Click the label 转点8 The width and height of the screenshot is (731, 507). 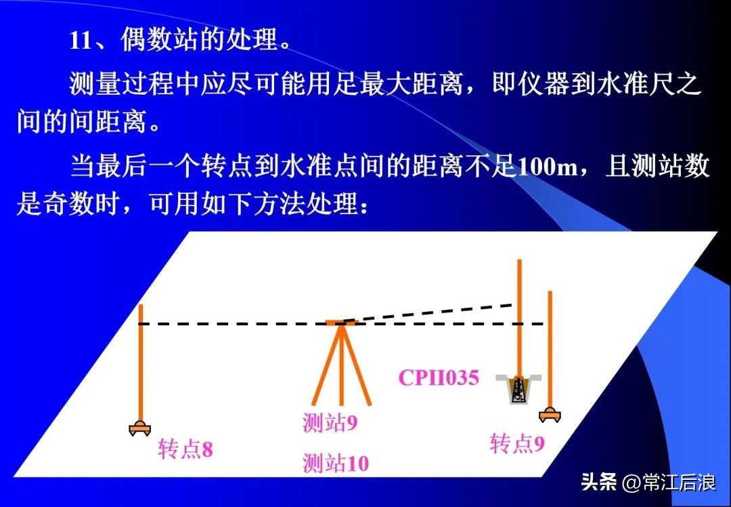[185, 449]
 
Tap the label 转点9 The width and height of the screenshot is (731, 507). [517, 444]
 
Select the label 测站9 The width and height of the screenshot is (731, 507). [330, 423]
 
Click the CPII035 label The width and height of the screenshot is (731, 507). [438, 378]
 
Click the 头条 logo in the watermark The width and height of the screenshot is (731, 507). [599, 483]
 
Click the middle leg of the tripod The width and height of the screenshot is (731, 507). [341, 366]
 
